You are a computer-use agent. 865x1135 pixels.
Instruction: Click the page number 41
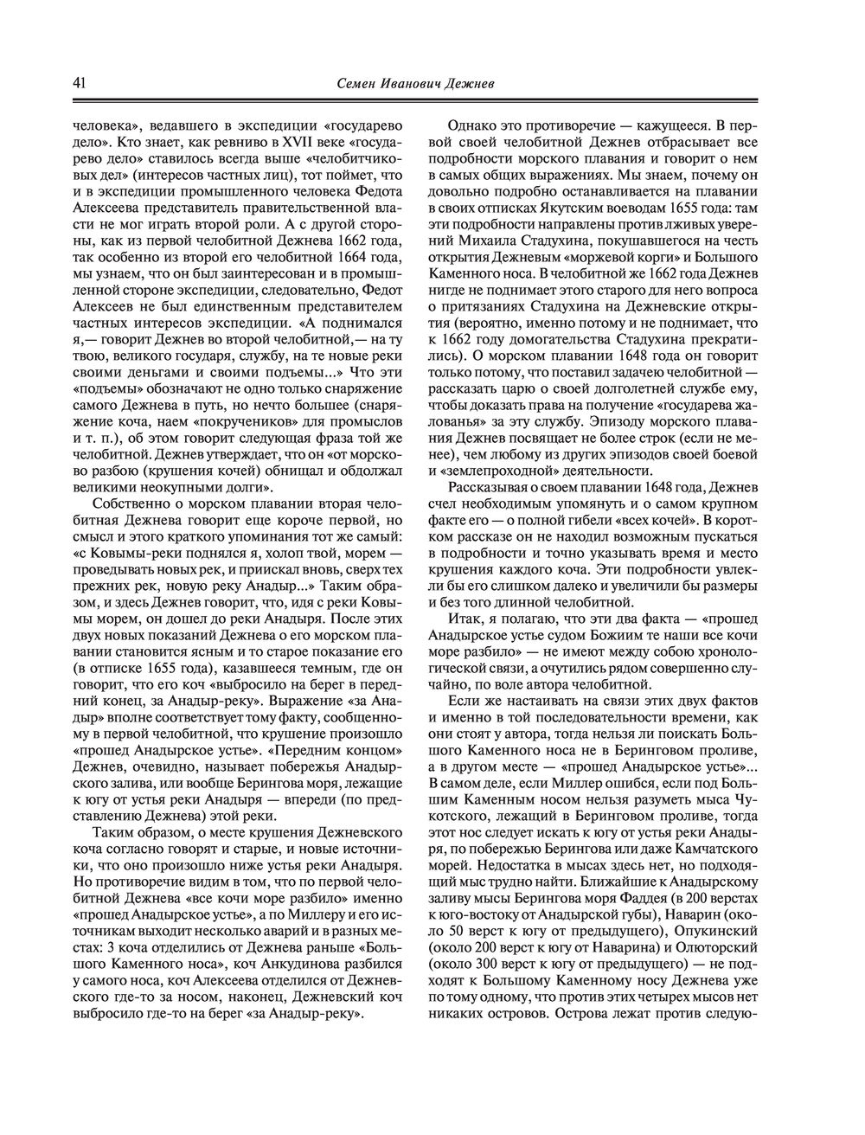pos(78,83)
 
